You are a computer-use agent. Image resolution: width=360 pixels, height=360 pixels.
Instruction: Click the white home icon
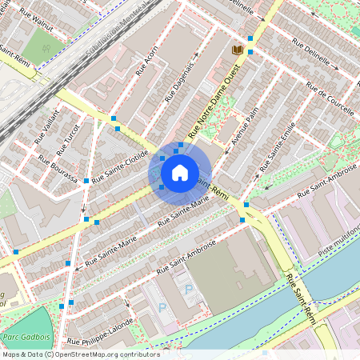coord(180,171)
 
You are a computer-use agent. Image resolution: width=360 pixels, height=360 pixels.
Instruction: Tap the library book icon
coord(237,50)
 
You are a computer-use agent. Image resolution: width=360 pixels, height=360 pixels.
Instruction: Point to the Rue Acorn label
coord(146,61)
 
